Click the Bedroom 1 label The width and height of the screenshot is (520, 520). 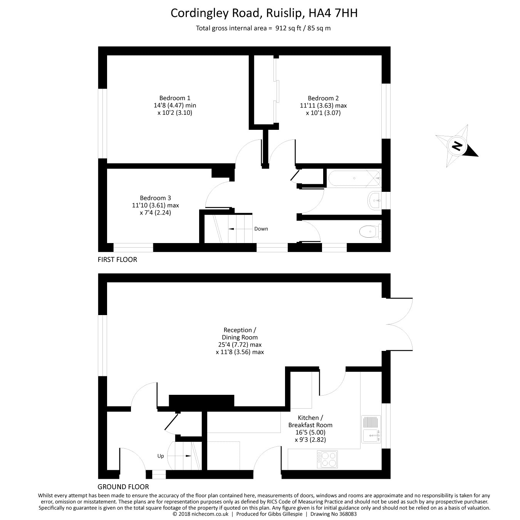[175, 98]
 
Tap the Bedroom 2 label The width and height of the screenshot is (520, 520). [323, 98]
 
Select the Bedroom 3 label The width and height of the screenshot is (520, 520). [155, 198]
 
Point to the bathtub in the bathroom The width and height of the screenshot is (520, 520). [354, 178]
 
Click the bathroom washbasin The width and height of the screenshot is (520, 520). [374, 201]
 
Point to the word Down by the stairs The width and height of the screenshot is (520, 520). [261, 229]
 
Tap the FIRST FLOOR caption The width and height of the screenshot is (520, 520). [117, 260]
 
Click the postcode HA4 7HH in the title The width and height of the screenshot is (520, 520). [333, 13]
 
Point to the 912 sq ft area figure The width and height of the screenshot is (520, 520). [288, 28]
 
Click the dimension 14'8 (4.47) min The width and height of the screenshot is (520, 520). [175, 105]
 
